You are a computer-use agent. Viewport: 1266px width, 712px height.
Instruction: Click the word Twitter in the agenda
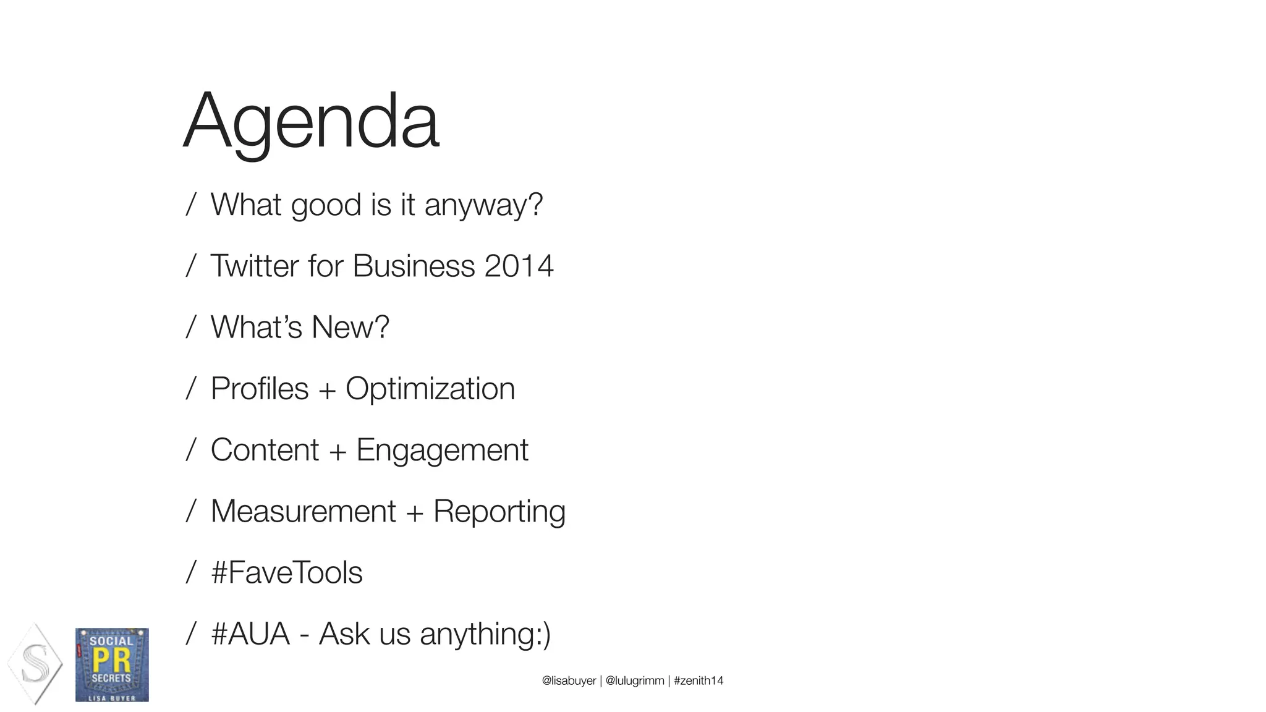point(255,266)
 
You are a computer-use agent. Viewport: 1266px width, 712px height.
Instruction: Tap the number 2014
point(519,266)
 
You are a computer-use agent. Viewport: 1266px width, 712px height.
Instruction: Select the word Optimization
point(430,389)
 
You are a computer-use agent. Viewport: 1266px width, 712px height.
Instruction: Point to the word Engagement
point(442,451)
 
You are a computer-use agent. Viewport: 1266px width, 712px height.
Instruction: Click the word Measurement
point(303,512)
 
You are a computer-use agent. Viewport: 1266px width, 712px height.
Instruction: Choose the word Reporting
point(499,512)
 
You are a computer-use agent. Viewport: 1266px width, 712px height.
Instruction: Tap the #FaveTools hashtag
point(287,573)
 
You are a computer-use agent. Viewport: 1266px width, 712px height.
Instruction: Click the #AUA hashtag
point(250,634)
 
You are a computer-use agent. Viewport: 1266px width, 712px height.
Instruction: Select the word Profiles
point(260,389)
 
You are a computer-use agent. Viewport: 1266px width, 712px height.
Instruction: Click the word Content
point(265,451)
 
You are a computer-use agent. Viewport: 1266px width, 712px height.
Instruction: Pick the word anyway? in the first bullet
point(483,205)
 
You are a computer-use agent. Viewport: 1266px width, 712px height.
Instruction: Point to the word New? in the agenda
point(350,328)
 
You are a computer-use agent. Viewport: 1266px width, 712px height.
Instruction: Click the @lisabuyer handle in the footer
point(569,681)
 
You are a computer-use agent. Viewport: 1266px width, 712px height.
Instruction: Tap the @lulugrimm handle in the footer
point(635,681)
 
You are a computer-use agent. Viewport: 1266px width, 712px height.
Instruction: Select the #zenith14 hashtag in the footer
point(699,681)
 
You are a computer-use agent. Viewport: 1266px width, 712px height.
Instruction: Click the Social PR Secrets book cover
point(112,665)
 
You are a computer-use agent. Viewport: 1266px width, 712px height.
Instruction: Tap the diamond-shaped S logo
point(35,664)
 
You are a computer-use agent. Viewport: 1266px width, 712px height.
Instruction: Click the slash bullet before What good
point(191,205)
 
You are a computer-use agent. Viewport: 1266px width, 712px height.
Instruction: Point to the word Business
point(414,266)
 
